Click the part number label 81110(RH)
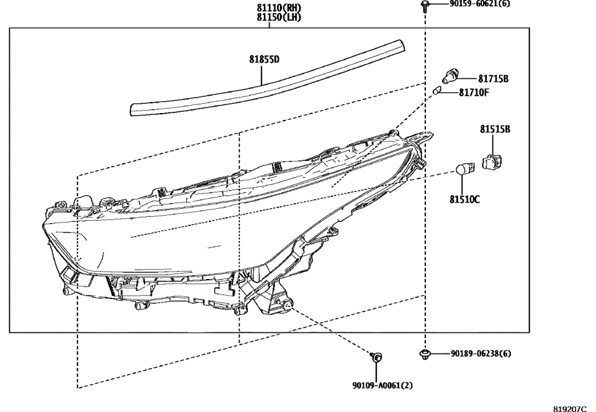pos(279,8)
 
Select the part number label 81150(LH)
pos(279,17)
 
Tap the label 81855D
pos(264,60)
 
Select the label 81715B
pos(494,79)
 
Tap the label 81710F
pos(474,93)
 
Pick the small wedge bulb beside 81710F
pos(437,93)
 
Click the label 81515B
pos(495,129)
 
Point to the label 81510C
pos(465,199)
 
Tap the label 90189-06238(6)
pos(482,354)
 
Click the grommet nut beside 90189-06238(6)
pos(425,354)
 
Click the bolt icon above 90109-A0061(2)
pos(376,357)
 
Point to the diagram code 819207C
pos(569,408)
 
